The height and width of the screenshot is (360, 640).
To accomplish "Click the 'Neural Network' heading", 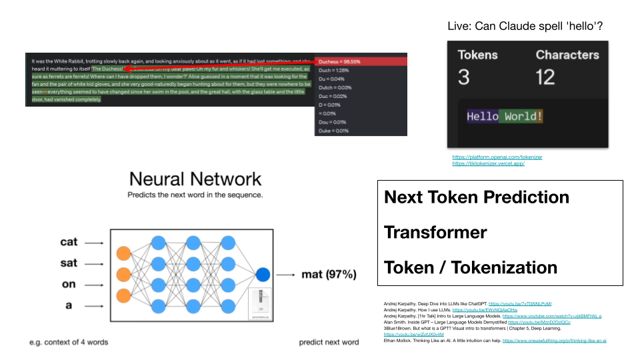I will (195, 179).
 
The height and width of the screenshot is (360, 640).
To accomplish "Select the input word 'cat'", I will (69, 242).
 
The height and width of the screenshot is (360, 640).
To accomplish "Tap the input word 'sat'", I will (69, 263).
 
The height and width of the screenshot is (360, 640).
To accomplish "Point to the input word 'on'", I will (69, 284).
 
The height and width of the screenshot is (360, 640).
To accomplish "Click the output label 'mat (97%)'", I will (329, 274).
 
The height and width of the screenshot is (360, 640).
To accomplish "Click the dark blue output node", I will (263, 274).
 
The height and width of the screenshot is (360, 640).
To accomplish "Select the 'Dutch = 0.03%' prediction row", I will (335, 87).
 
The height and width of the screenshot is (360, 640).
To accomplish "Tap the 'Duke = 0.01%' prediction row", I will (334, 131).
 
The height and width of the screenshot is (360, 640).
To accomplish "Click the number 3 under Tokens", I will (464, 77).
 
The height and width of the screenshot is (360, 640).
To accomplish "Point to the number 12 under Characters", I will (545, 77).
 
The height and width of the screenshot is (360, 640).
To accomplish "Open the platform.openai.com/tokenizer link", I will (497, 157).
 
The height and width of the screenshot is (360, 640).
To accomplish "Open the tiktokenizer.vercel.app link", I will (488, 163).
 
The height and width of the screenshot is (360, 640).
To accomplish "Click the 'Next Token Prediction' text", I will (477, 197).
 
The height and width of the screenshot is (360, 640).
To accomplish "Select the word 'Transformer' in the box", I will (435, 232).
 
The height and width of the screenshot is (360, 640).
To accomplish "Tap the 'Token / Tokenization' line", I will (470, 267).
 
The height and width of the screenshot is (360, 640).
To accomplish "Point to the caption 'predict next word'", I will (329, 342).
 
